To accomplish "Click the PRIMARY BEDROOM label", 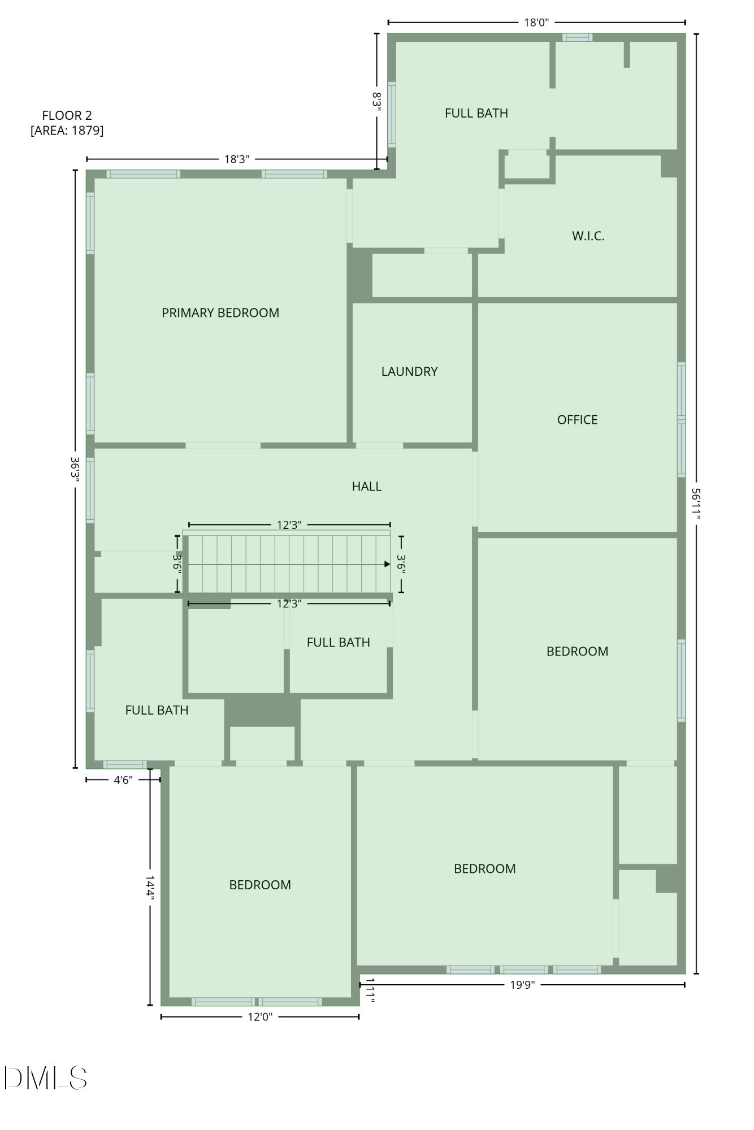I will click(x=220, y=313).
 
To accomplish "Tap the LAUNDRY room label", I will click(x=409, y=372).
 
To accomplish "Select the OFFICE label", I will click(x=577, y=420).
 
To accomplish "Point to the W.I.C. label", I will click(x=588, y=236).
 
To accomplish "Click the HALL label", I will click(x=366, y=486).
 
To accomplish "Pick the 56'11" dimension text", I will click(x=696, y=504).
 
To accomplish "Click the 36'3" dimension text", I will click(x=75, y=468).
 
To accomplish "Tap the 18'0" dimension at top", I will click(x=536, y=23).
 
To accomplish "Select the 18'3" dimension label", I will click(x=236, y=159).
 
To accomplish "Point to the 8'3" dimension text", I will click(x=377, y=101).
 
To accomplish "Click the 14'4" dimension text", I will click(x=150, y=886).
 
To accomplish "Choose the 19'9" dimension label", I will click(x=522, y=985).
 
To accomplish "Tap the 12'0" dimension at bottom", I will click(x=260, y=1017).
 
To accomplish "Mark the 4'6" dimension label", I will click(x=123, y=780).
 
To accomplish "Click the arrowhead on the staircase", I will click(x=387, y=564).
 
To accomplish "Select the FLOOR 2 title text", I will click(x=67, y=115).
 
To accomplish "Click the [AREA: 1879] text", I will click(x=67, y=131).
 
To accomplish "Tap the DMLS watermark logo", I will click(x=45, y=1078).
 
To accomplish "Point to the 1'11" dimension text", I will click(x=370, y=991).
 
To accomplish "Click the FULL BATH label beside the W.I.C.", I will click(x=476, y=113).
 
